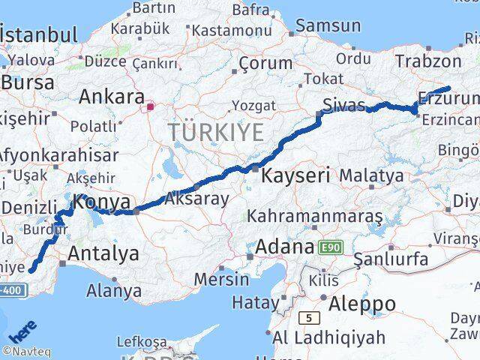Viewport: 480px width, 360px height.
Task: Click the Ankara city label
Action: (x=112, y=97)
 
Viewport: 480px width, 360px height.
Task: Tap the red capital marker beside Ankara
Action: (x=150, y=106)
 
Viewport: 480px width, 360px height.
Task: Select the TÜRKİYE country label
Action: (x=216, y=133)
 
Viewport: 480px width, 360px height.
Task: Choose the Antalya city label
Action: (x=103, y=253)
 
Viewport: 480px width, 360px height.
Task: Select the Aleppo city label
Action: (x=361, y=304)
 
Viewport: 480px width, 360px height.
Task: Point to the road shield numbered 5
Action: (x=308, y=318)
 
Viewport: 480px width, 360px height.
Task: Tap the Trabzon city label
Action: (x=429, y=61)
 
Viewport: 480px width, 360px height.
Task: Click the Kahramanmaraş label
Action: (x=319, y=216)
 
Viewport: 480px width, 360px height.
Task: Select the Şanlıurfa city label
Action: (x=391, y=260)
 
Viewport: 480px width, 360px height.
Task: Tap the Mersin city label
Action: (x=221, y=279)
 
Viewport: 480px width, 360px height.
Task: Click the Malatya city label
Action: (x=371, y=176)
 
